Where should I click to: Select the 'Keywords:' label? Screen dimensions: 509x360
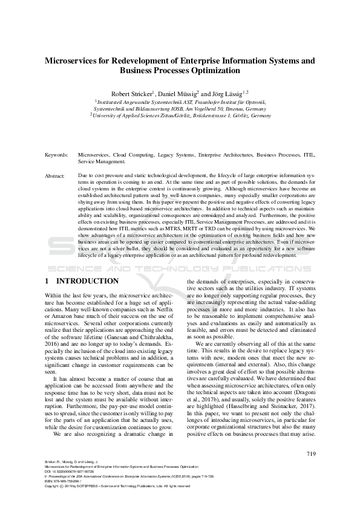[56, 155]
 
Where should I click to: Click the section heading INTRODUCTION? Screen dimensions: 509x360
[87, 281]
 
